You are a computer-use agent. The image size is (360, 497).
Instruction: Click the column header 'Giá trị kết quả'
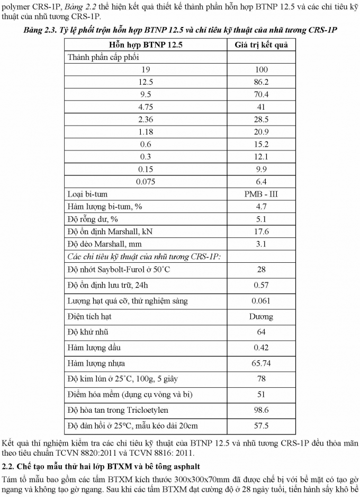tap(262, 45)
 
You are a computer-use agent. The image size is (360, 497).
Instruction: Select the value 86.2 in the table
tap(262, 82)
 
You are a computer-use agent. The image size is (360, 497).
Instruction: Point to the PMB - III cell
tap(262, 194)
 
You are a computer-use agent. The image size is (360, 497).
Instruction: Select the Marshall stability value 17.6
tap(262, 232)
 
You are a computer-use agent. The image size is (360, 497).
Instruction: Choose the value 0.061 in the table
tap(262, 301)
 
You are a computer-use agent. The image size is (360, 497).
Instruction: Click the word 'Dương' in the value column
tap(262, 316)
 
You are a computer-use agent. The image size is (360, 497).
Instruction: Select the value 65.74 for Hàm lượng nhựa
tap(262, 363)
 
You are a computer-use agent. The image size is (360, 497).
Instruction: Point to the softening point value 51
tap(262, 394)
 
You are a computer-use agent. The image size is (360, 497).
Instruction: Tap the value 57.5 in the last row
tap(262, 425)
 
